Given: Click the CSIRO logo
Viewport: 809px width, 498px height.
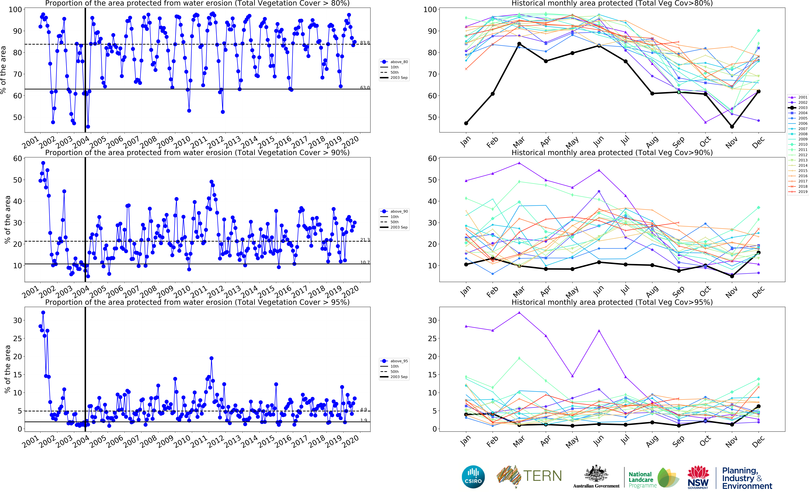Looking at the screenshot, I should click(473, 477).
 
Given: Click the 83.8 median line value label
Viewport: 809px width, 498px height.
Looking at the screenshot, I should click(365, 43).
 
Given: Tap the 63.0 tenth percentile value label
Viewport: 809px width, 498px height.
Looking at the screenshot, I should click(365, 88).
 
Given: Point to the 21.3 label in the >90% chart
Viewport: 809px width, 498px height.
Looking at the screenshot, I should click(365, 240).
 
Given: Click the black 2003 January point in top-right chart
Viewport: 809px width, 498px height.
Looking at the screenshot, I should click(466, 123).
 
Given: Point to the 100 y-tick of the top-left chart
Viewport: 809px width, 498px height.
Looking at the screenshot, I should click(15, 10).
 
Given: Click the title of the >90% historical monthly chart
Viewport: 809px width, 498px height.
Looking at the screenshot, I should click(612, 152).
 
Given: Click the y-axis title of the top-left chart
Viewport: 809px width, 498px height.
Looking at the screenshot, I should click(3, 70).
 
